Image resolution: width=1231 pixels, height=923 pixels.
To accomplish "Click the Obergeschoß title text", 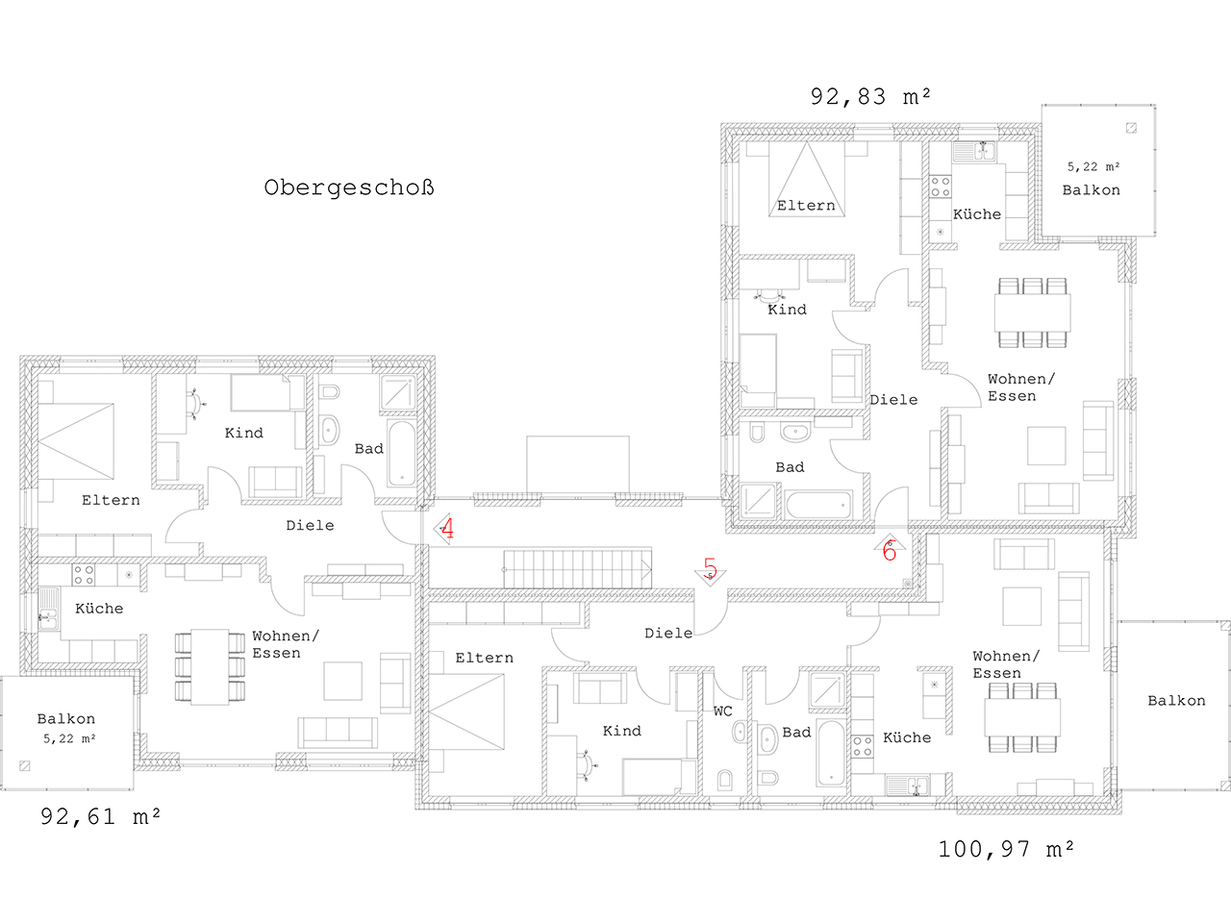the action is (349, 187).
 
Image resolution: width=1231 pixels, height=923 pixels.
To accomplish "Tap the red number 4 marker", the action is (447, 528).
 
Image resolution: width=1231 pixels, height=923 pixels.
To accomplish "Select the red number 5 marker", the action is (710, 567).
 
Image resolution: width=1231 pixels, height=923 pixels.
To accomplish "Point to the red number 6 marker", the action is (890, 551).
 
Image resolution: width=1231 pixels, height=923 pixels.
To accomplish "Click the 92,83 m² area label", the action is (870, 97).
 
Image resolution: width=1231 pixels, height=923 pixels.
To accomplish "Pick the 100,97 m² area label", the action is (1006, 850).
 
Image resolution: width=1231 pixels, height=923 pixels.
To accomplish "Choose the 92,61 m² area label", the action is (100, 816).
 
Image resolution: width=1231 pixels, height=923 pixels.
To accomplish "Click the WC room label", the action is (722, 711).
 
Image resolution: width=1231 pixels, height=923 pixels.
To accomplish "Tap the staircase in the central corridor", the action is (577, 569).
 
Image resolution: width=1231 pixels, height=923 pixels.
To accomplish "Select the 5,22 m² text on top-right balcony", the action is (1093, 167).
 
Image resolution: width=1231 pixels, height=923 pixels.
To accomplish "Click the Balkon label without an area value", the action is (1176, 701).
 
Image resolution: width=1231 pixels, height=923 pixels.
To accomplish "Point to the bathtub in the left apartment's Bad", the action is (402, 453).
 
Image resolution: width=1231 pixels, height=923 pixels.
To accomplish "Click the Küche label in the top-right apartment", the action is (977, 214).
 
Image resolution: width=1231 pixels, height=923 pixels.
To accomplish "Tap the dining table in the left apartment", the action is (210, 667).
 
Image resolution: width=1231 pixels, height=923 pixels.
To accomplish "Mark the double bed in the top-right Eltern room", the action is (807, 179).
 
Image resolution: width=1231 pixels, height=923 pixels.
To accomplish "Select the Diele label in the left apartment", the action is (310, 526).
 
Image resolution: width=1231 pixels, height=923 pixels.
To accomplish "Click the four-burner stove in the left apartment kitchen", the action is (84, 574).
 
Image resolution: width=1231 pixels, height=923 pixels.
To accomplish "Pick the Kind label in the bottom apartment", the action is (621, 731).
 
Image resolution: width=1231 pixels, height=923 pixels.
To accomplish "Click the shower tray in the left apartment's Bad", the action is (397, 392).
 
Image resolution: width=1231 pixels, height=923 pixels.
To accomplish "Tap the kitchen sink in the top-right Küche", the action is (974, 151).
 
